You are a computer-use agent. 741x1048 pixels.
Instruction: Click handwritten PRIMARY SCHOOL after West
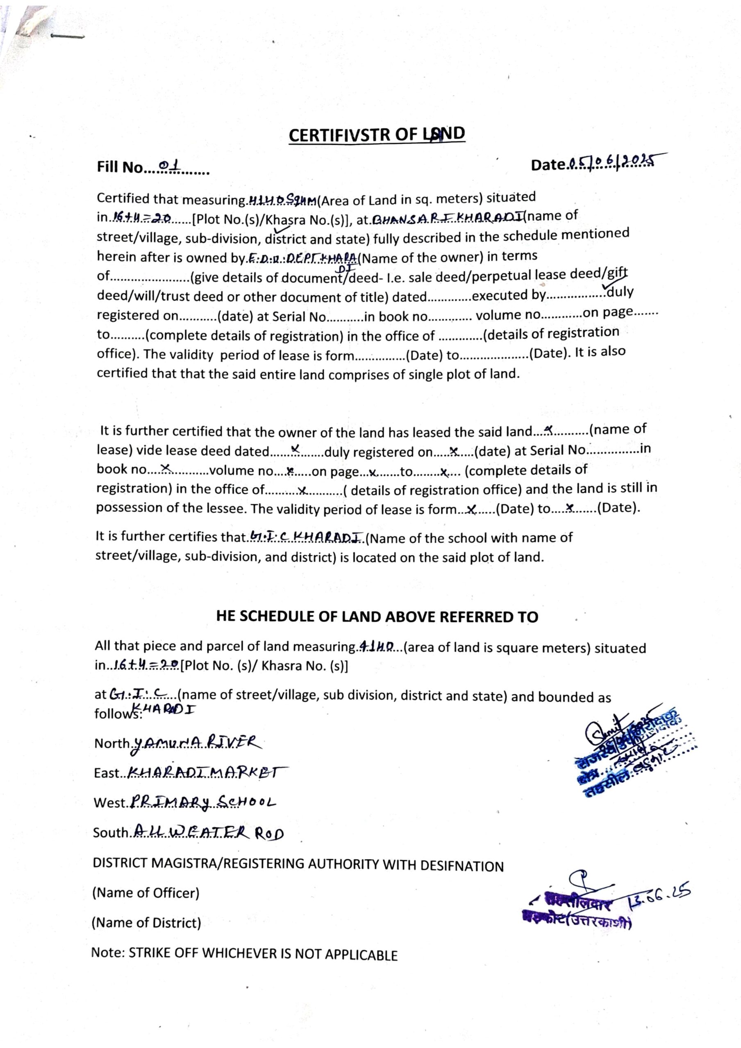pyautogui.click(x=204, y=802)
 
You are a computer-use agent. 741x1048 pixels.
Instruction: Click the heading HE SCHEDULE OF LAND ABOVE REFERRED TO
pyautogui.click(x=377, y=617)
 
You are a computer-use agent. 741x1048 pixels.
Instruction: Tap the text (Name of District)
pyautogui.click(x=146, y=922)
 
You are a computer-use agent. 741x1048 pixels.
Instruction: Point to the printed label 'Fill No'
pyautogui.click(x=120, y=167)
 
